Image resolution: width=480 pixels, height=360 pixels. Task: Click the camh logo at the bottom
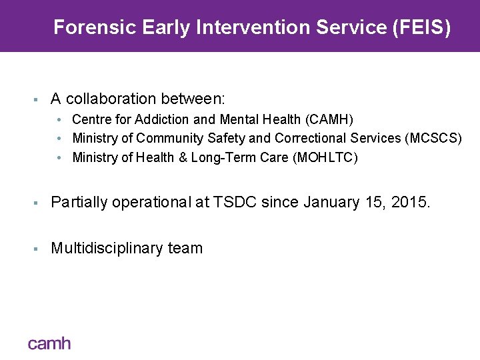click(x=49, y=343)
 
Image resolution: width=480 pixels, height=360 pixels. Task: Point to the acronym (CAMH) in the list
click(x=329, y=119)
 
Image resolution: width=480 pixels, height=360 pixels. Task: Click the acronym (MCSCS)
click(x=433, y=139)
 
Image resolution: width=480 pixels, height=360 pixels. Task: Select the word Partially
click(x=79, y=202)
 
